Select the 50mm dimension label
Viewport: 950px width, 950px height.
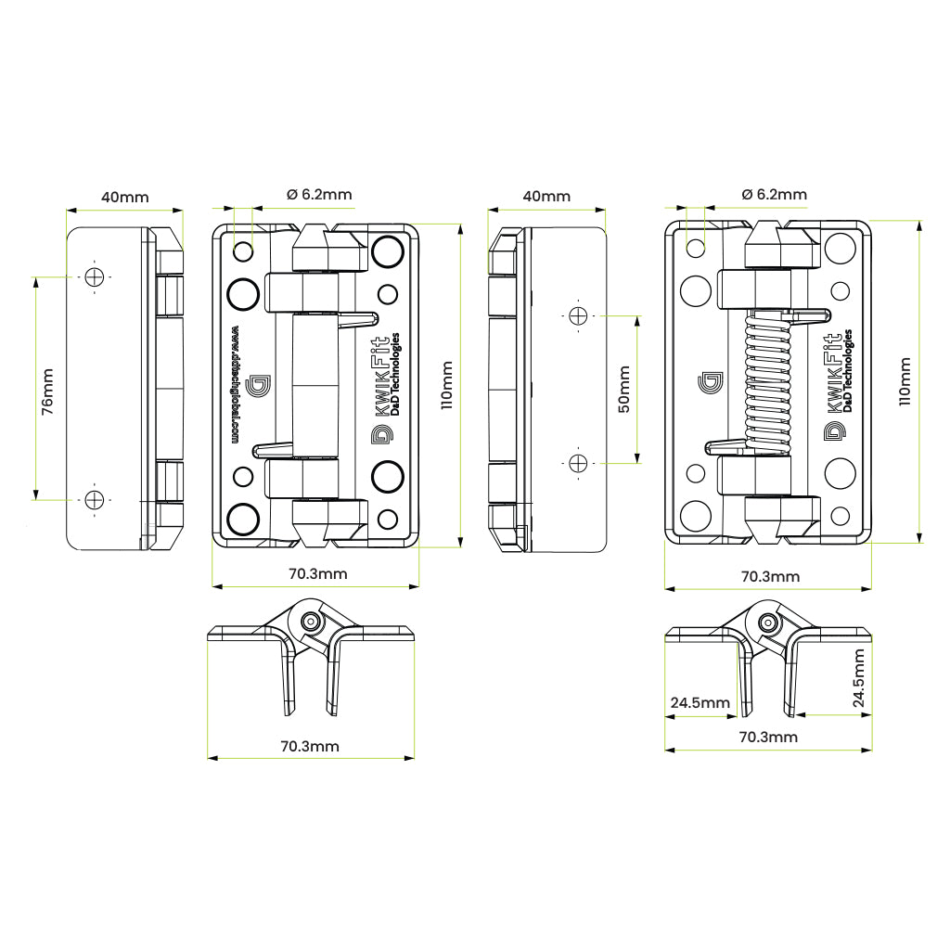[x=623, y=390]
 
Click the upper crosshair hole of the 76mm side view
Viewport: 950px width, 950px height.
[x=94, y=276]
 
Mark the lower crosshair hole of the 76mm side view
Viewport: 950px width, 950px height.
[x=94, y=500]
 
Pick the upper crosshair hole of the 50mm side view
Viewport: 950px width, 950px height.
[x=578, y=316]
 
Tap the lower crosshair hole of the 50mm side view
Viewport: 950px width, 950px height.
[x=578, y=462]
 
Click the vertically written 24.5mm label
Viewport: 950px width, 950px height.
[x=858, y=679]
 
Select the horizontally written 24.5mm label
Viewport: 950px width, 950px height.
[x=700, y=703]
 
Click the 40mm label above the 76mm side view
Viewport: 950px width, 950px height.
[x=124, y=197]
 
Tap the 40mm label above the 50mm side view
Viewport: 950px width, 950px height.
[x=546, y=197]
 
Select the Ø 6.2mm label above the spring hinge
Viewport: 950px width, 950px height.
[x=774, y=194]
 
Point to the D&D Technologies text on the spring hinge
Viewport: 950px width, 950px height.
[x=848, y=371]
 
